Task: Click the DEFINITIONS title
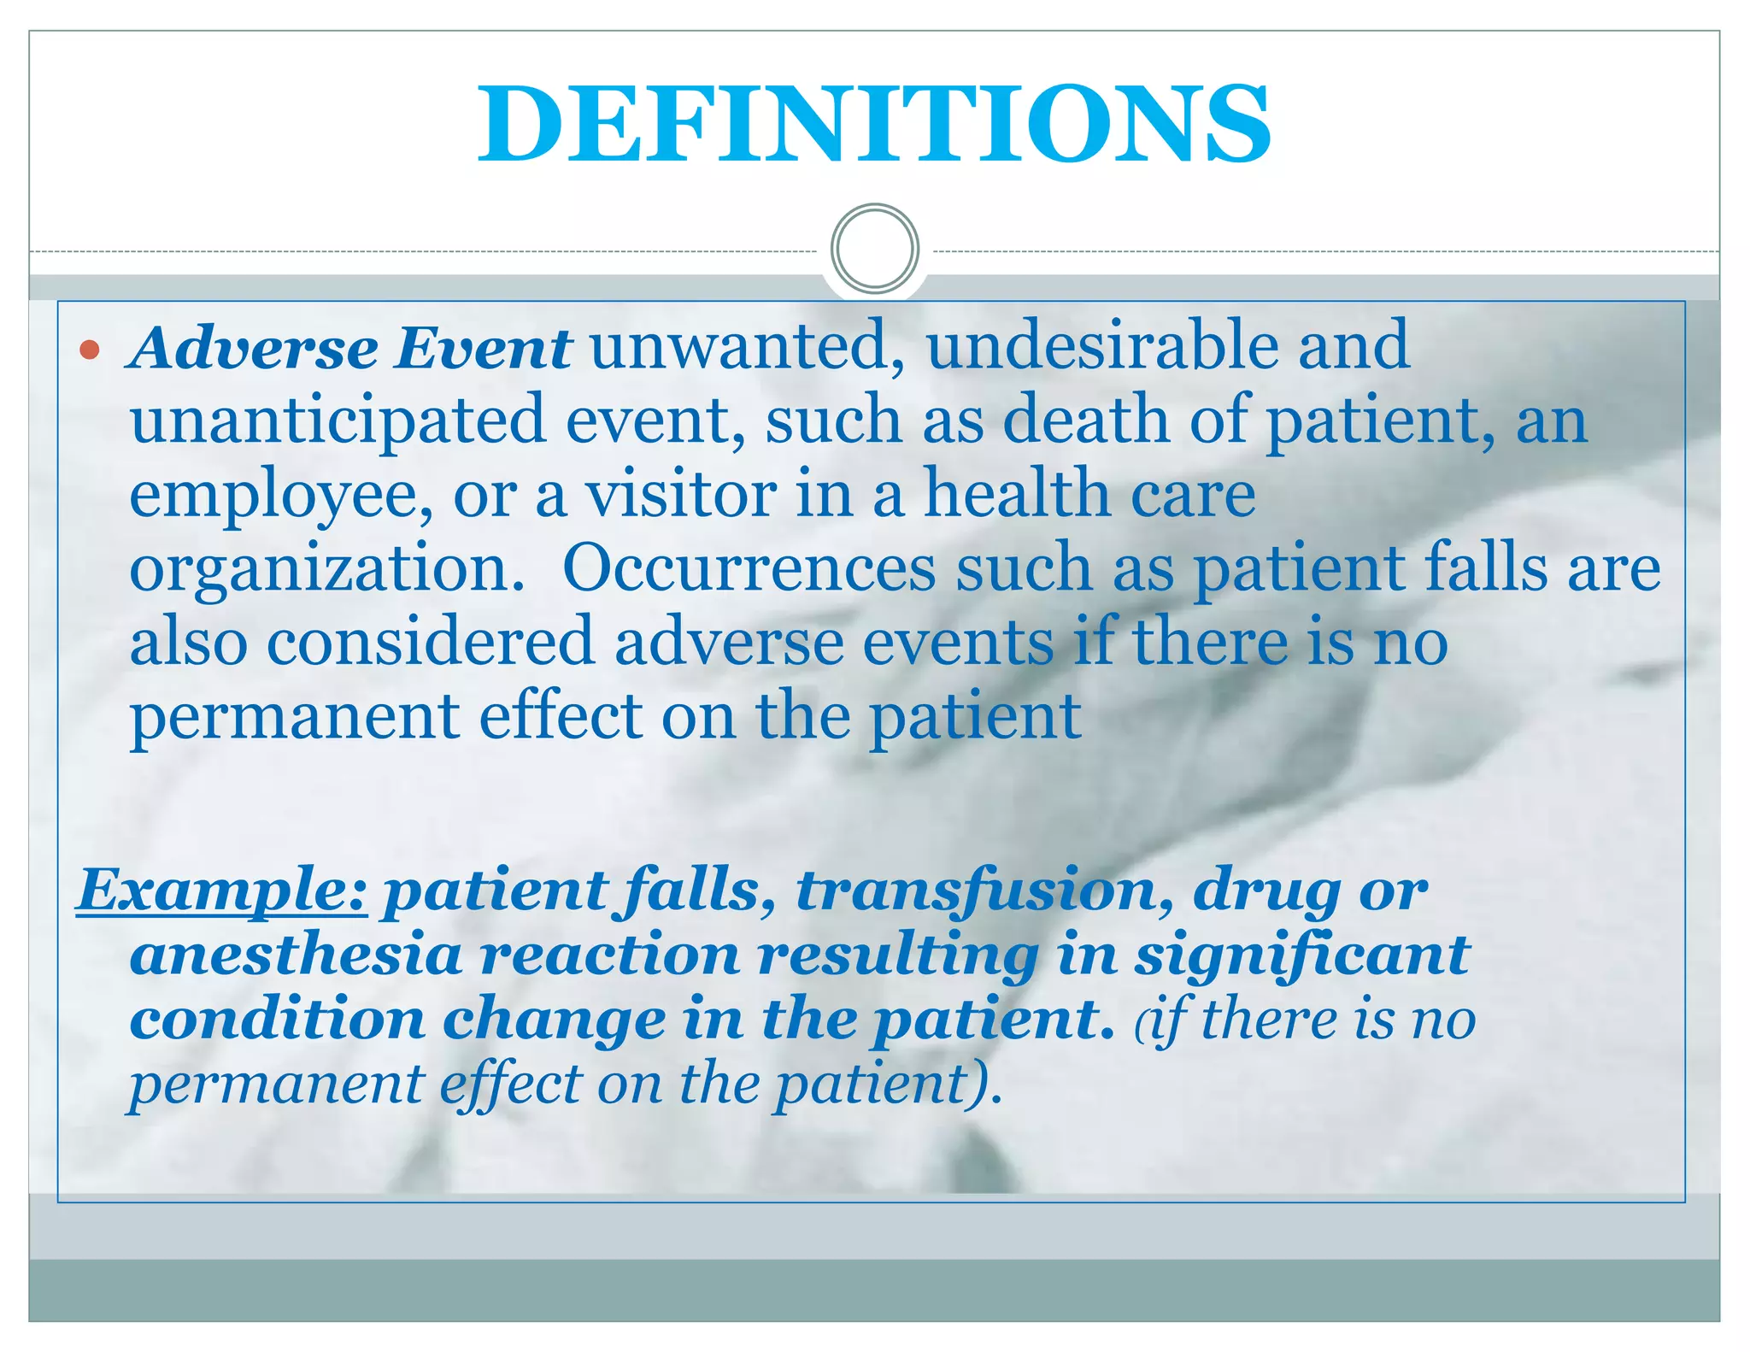point(873,124)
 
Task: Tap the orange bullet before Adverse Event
point(90,350)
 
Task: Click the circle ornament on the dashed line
point(874,248)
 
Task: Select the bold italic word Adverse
point(253,348)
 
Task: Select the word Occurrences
point(749,568)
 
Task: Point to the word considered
point(430,643)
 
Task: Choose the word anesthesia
point(296,955)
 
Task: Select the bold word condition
point(277,1020)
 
